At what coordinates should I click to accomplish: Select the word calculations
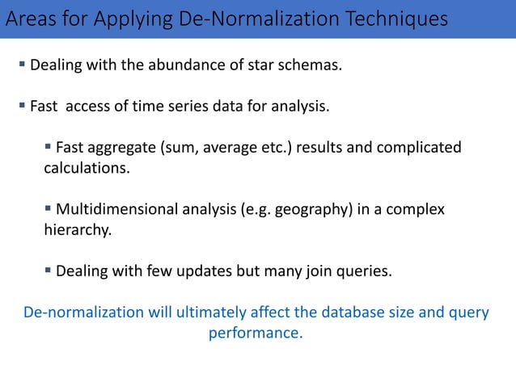pyautogui.click(x=86, y=168)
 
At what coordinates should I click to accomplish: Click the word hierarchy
pyautogui.click(x=76, y=229)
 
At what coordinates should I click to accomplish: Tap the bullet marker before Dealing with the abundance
pyautogui.click(x=23, y=65)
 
